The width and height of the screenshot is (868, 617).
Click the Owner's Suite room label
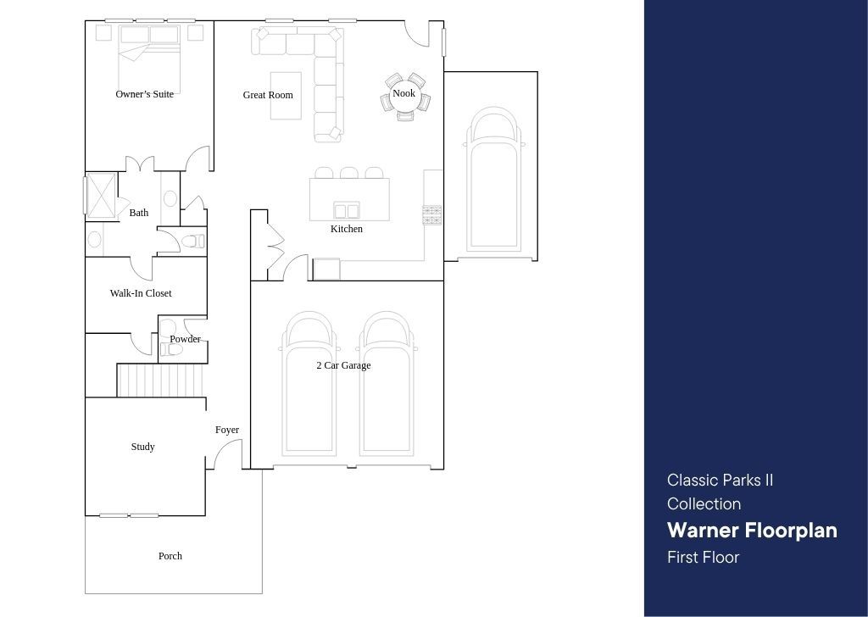[144, 94]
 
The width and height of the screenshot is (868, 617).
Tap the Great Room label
[268, 95]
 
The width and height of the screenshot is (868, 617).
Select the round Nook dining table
[404, 97]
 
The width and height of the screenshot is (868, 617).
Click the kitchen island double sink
[347, 211]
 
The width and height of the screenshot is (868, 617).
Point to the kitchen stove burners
[432, 214]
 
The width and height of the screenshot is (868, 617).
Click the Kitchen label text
[347, 229]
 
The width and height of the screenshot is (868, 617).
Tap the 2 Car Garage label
[344, 365]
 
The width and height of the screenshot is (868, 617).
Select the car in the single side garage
[494, 180]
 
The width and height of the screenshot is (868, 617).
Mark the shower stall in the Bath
[101, 194]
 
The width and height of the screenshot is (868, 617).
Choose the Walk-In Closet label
[141, 293]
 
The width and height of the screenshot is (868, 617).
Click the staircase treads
[160, 381]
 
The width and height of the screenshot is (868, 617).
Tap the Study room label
[142, 447]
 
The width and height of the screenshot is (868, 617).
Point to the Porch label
[170, 556]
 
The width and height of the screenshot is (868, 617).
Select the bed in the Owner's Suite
[149, 53]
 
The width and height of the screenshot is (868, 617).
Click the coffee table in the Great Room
[286, 96]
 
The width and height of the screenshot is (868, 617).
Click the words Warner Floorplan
[753, 530]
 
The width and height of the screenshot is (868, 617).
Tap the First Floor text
[703, 557]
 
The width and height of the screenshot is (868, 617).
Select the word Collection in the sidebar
[704, 503]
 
